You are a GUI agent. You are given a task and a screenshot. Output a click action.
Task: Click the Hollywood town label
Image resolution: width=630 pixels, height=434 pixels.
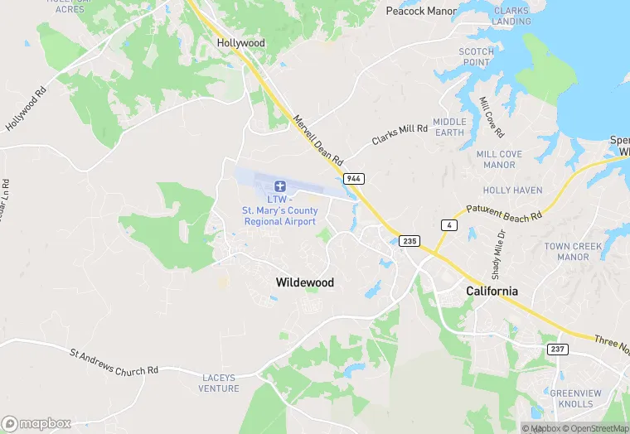240,42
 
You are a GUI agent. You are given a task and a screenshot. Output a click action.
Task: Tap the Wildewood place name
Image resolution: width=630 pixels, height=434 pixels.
304,282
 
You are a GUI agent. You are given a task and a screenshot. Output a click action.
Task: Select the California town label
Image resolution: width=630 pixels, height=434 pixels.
492,291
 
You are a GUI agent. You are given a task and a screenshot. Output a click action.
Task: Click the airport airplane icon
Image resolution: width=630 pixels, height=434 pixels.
280,185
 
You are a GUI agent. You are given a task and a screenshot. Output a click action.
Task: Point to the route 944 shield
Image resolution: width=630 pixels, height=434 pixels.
354,179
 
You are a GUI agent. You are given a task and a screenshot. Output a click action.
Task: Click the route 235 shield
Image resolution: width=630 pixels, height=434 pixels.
409,240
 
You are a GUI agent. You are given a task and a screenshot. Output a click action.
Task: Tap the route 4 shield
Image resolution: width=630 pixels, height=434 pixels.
448,225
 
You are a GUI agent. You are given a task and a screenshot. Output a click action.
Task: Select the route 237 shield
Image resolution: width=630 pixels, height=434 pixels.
557,350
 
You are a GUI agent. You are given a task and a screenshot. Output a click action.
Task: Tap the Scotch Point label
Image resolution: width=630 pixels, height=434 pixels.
477,57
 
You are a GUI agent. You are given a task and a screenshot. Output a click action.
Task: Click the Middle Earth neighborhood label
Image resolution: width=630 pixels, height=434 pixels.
449,127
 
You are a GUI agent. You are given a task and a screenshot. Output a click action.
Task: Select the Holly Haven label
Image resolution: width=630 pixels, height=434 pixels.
512,190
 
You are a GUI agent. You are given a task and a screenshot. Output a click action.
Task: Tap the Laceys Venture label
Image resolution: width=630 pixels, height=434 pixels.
220,383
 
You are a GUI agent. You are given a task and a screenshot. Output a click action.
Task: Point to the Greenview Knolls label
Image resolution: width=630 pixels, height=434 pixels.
572,398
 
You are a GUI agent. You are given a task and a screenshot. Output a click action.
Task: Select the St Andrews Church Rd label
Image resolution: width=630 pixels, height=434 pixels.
114,362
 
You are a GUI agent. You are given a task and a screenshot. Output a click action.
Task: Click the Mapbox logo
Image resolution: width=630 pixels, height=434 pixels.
37,423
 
